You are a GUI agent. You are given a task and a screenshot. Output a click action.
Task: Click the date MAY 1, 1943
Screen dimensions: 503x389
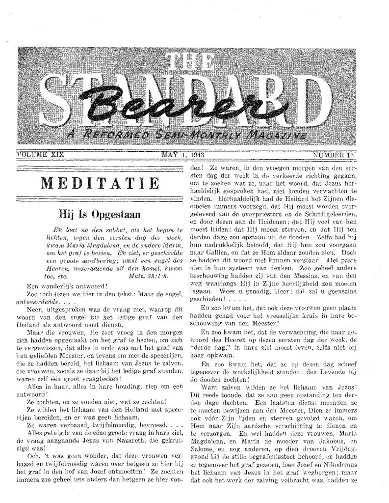point(183,155)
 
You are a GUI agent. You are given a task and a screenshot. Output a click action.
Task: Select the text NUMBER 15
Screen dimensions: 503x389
point(334,155)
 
